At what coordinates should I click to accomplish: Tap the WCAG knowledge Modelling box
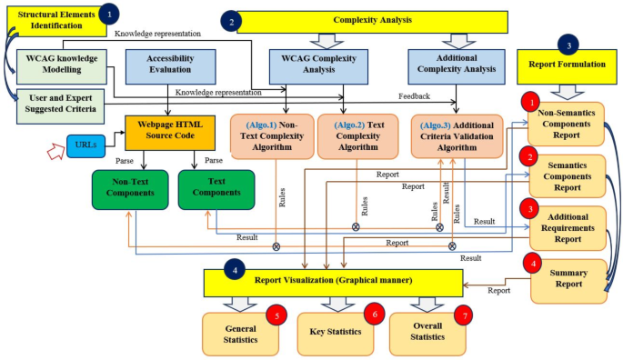(x=61, y=66)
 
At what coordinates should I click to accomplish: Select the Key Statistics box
(x=336, y=333)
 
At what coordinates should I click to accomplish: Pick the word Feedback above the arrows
(x=415, y=96)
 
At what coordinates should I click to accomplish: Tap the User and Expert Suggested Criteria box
(x=61, y=105)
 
